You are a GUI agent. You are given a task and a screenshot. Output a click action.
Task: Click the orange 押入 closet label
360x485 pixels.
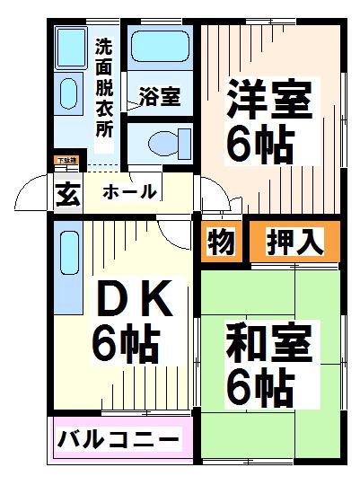294,242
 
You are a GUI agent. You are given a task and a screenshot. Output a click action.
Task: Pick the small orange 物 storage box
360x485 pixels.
222,242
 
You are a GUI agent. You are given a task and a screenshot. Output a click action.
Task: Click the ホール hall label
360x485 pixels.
129,191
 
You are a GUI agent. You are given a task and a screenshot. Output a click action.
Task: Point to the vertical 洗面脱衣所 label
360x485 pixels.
104,86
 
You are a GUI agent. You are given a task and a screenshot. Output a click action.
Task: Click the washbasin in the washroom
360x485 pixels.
69,93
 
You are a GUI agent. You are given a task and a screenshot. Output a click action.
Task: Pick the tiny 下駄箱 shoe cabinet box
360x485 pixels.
66,162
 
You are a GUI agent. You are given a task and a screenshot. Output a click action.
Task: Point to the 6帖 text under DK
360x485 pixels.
126,343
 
